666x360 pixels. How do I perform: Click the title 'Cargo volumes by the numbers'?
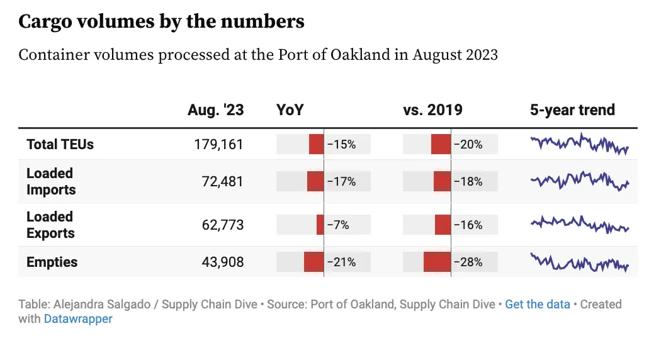pos(161,22)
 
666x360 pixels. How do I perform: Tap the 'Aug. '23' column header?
pos(215,110)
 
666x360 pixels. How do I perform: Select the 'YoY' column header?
pos(290,110)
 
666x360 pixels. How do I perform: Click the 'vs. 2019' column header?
pos(432,110)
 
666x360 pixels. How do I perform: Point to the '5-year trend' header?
pos(572,110)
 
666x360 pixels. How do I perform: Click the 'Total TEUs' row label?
pos(60,144)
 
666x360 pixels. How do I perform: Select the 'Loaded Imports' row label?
pos(51,181)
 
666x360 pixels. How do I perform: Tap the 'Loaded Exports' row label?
pos(50,225)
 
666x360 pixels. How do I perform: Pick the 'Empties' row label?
pos(52,262)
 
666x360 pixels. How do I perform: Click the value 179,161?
pos(218,144)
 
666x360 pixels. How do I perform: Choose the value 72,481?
pos(222,181)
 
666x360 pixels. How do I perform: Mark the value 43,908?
pos(222,262)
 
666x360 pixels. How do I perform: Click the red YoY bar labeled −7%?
pos(320,225)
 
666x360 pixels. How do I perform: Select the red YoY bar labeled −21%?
pos(313,262)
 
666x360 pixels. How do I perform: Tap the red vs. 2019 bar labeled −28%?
pos(437,262)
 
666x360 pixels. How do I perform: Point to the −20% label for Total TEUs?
pos(468,144)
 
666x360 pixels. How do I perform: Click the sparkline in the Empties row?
pos(579,262)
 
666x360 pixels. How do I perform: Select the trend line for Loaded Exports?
pos(579,225)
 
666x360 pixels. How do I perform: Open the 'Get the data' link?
pos(538,305)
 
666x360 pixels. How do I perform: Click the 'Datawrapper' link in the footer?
pos(78,319)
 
